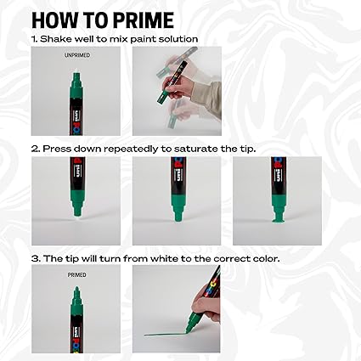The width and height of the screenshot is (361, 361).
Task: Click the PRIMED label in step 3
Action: [77, 274]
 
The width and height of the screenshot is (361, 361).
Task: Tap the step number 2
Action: [35, 149]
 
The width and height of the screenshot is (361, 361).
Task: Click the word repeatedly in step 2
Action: [118, 149]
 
